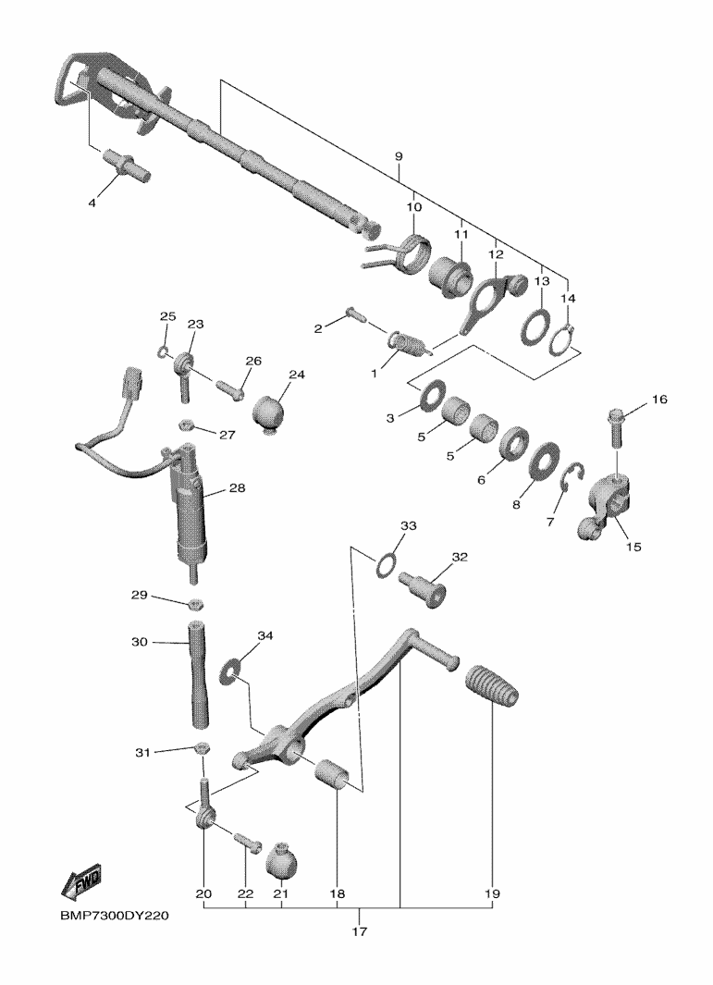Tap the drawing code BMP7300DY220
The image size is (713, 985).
115,916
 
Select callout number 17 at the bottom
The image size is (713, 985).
359,931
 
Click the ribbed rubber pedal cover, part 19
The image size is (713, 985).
493,686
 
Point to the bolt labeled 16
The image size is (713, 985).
616,427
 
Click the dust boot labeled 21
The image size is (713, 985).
281,858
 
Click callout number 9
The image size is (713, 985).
399,155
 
